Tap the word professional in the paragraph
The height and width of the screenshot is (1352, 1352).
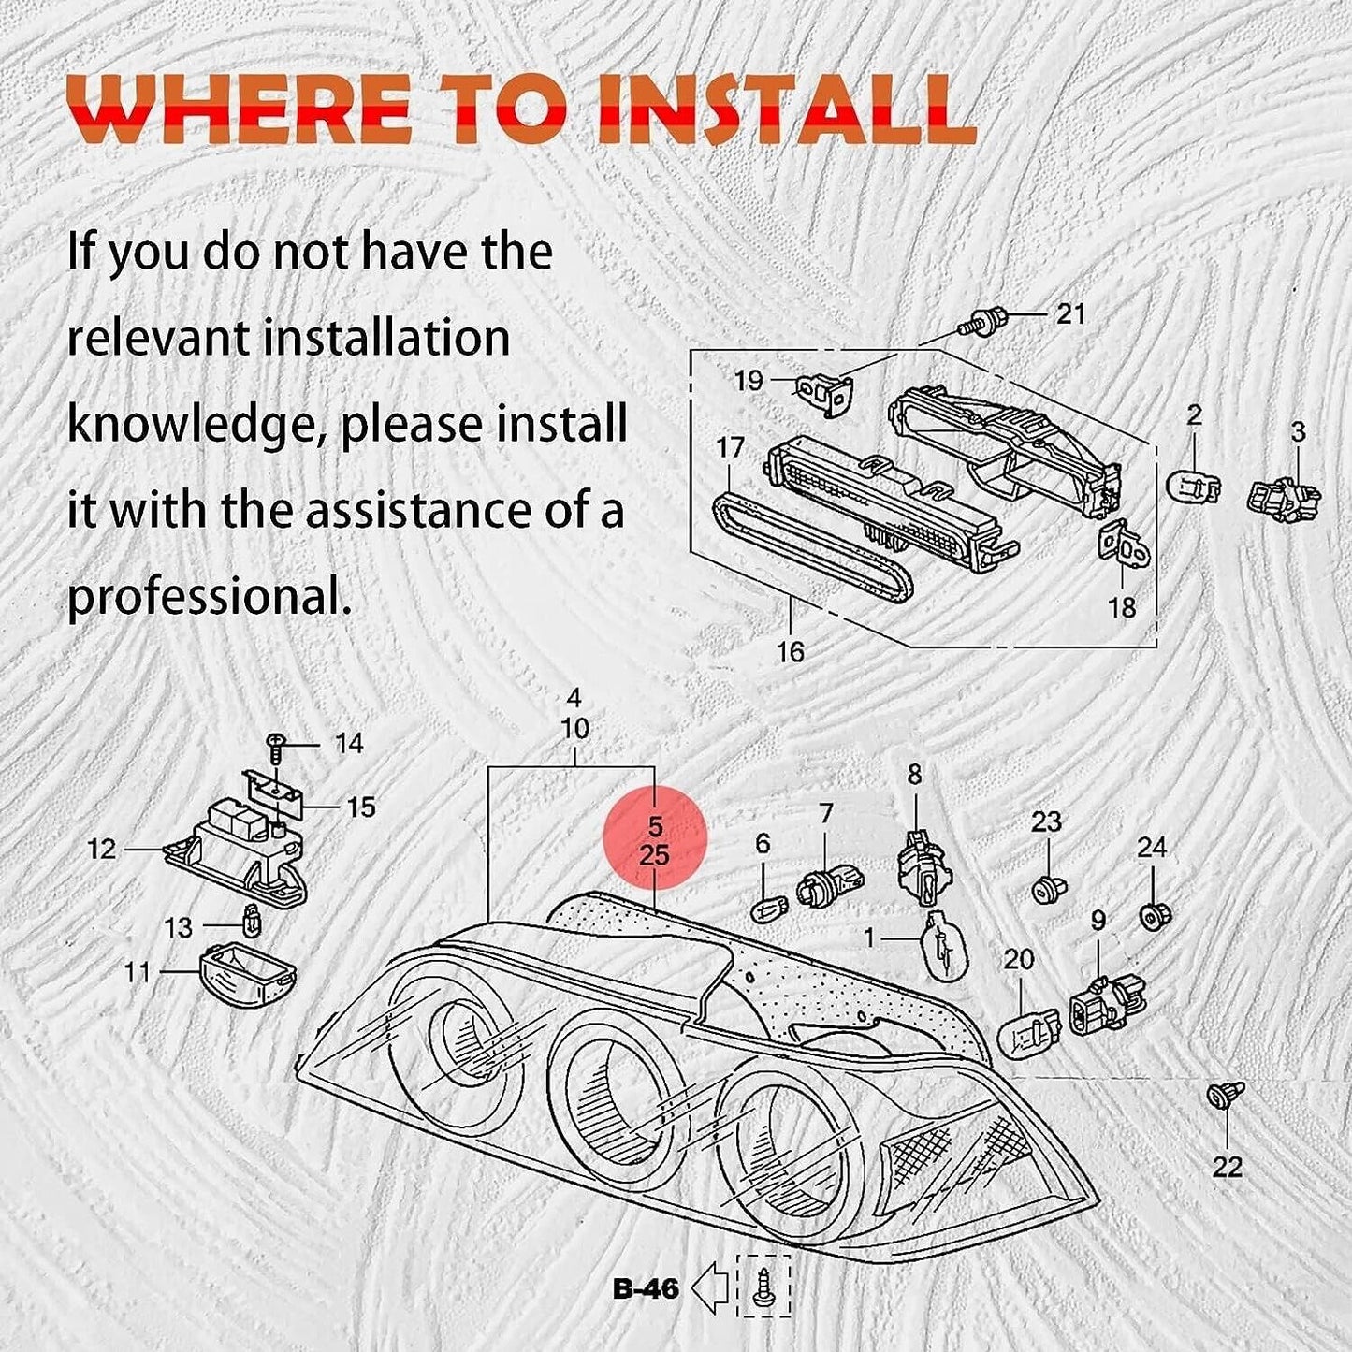[210, 598]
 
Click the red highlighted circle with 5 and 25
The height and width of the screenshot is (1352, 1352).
[655, 838]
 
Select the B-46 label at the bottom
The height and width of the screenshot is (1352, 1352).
[645, 1288]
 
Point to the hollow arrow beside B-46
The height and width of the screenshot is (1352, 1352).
[711, 1288]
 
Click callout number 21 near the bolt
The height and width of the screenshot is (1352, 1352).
[1070, 313]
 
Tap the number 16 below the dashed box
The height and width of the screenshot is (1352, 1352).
[790, 652]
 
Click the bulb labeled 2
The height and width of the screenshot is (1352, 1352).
[1193, 485]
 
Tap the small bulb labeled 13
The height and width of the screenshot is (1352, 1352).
[252, 921]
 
